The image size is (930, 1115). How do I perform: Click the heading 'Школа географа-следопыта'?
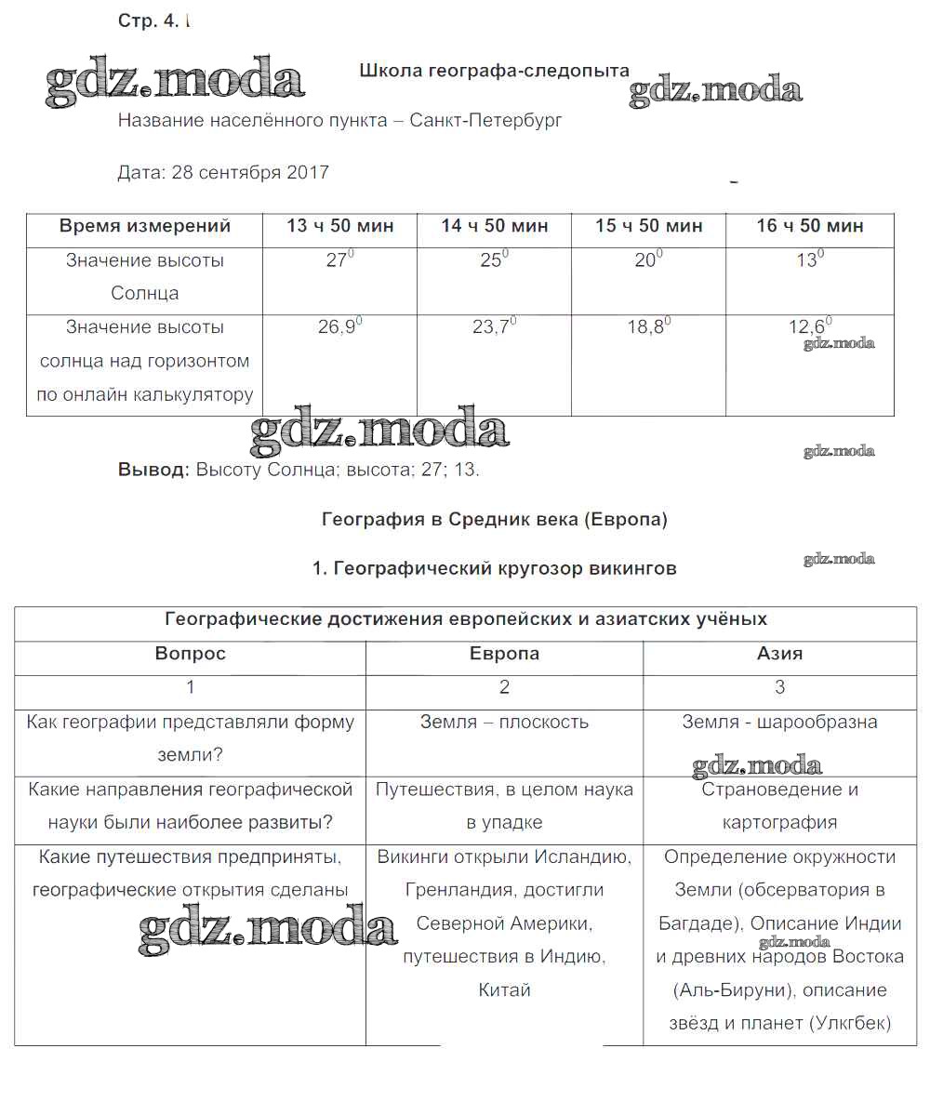(494, 71)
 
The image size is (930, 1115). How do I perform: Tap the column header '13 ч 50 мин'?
(339, 226)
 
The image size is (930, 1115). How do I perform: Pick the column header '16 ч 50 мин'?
(810, 226)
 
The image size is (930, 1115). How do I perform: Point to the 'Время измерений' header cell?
(145, 226)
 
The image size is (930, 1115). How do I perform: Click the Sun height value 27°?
(339, 260)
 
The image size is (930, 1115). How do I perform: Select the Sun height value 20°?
(648, 260)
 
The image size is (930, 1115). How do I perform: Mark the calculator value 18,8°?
(648, 327)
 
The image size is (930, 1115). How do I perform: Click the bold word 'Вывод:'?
(153, 470)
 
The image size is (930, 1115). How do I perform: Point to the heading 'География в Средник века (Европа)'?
(495, 520)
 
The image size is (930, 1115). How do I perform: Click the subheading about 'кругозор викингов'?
(495, 568)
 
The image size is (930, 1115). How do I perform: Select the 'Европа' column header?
(504, 654)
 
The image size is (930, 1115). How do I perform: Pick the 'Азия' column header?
(779, 654)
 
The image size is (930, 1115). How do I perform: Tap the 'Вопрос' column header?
(190, 654)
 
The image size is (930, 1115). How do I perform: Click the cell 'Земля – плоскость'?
(504, 722)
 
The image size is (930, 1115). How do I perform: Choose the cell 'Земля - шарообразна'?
(779, 722)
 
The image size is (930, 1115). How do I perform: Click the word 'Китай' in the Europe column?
(504, 990)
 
